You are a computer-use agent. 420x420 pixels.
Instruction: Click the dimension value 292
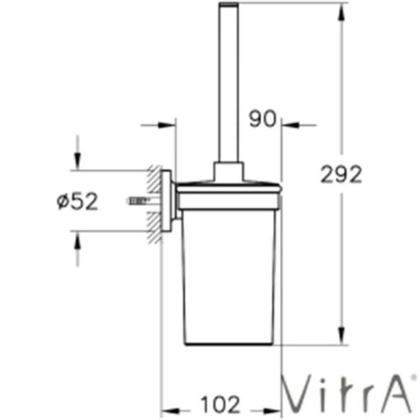pyautogui.click(x=341, y=173)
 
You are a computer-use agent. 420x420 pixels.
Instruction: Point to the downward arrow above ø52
pyautogui.click(x=77, y=162)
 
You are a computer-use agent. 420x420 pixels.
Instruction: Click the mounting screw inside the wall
pyautogui.click(x=139, y=201)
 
